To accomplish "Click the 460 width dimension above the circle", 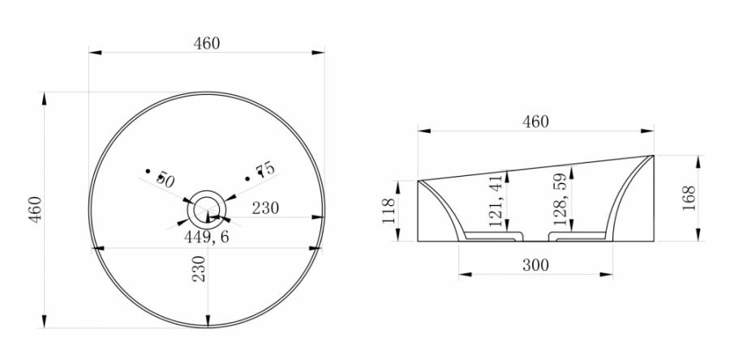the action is [x=207, y=43].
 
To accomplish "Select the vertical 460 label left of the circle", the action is [x=36, y=209].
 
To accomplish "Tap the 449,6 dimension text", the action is [x=207, y=238].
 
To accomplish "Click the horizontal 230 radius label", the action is [x=266, y=208].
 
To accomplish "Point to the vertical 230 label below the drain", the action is [x=199, y=268].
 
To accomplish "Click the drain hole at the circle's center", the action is [x=207, y=210].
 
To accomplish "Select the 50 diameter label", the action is [x=165, y=179].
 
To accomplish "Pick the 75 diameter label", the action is [x=266, y=169].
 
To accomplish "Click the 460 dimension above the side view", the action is [x=535, y=122].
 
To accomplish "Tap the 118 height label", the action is [x=389, y=211].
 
